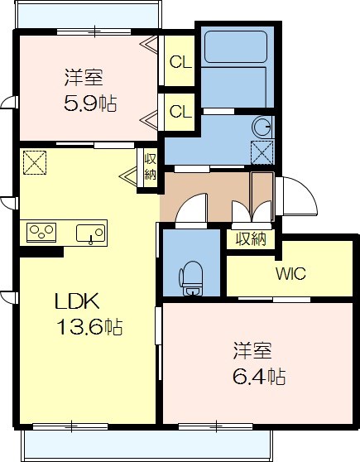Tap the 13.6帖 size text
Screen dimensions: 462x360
pos(89,327)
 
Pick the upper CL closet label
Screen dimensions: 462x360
pos(180,60)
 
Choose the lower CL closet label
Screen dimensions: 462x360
pos(180,109)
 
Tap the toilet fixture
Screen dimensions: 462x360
pos(192,277)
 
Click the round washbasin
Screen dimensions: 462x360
pos(262,127)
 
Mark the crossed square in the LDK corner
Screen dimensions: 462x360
pos(34,161)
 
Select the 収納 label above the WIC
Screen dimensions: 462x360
pos(251,239)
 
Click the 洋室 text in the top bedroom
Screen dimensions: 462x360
pos(84,79)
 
